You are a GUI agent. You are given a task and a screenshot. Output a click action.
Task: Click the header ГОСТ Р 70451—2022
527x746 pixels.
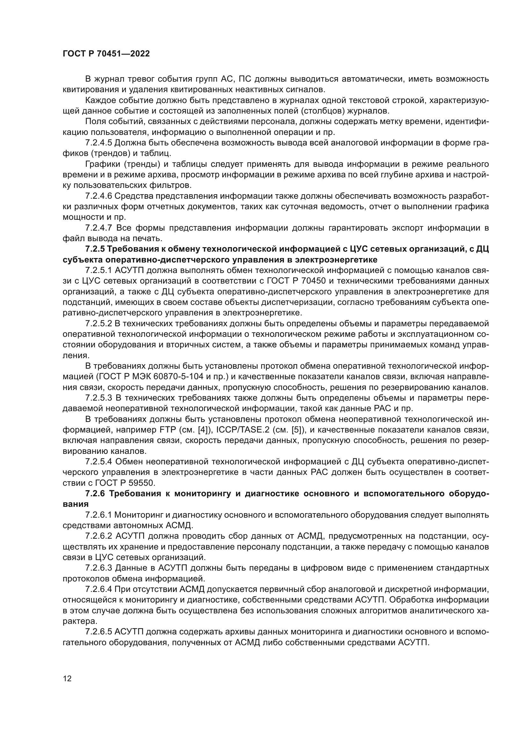click(106, 54)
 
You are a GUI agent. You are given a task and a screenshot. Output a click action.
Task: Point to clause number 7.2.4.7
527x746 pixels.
click(99, 228)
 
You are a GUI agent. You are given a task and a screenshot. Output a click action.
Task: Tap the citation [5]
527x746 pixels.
click(298, 430)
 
